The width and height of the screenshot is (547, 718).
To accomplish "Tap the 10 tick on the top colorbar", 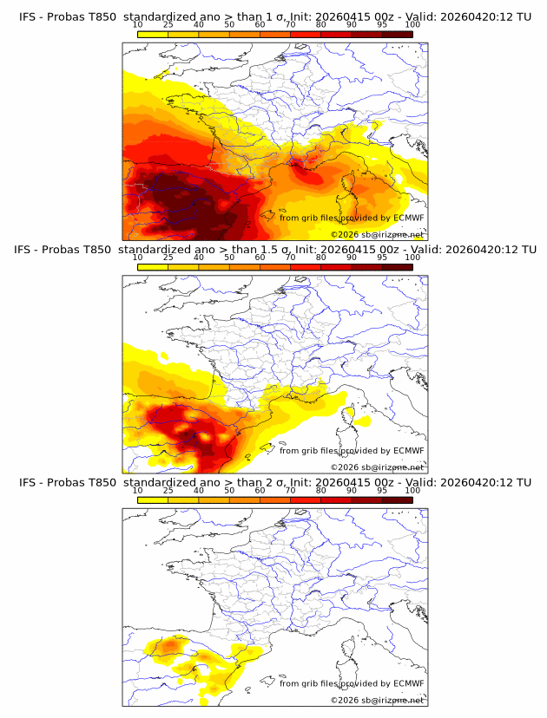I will pyautogui.click(x=138, y=24).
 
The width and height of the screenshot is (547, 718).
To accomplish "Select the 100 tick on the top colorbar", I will pyautogui.click(x=412, y=24).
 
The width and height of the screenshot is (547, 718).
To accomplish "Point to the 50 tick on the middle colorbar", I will pyautogui.click(x=229, y=258).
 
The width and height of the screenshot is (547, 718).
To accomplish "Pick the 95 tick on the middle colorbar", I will pyautogui.click(x=382, y=258).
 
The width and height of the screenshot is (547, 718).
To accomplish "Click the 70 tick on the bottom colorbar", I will pyautogui.click(x=290, y=490).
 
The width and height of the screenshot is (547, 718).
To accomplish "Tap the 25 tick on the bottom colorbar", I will pyautogui.click(x=168, y=490).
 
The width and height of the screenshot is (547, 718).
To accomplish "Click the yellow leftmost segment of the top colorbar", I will pyautogui.click(x=153, y=34).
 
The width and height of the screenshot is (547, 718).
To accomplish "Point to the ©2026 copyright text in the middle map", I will pyautogui.click(x=377, y=467).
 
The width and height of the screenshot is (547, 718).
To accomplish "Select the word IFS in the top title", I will pyautogui.click(x=28, y=16).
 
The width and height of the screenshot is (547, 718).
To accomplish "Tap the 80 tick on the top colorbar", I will pyautogui.click(x=321, y=24).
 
